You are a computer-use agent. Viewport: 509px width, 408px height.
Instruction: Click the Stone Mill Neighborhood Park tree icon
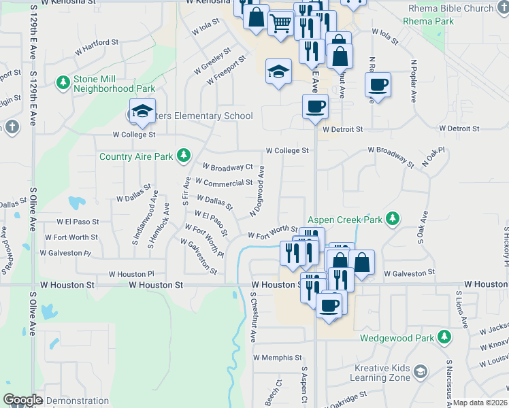point(63,82)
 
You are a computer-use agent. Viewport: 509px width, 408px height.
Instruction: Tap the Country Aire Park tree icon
point(183,156)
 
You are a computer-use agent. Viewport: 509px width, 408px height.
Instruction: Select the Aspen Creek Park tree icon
point(391,219)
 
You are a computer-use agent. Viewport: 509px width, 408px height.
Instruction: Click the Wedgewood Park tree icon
point(444,337)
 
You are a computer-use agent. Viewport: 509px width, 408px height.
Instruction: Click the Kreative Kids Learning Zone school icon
point(421,371)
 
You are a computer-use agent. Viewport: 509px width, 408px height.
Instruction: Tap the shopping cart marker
point(280,24)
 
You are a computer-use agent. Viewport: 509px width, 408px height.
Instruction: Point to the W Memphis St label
point(277,357)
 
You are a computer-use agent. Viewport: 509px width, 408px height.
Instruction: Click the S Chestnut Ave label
point(252,317)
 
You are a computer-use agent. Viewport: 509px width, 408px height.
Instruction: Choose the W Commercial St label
point(224,183)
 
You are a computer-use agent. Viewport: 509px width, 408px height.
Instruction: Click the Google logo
point(22,400)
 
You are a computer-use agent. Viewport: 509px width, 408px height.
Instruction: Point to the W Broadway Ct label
point(228,167)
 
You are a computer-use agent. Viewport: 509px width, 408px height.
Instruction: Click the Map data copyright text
point(480,403)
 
